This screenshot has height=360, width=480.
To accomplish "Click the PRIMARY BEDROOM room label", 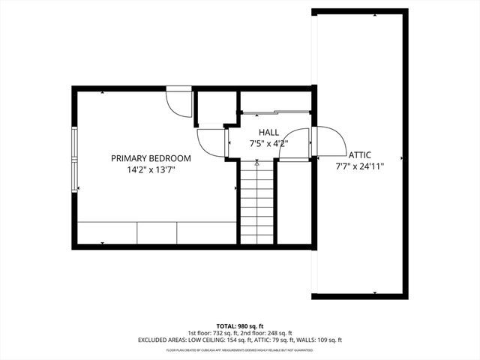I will [x=151, y=158].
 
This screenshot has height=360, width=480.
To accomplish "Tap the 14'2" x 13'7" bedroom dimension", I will [x=151, y=169].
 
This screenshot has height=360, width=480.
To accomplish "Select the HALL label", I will [x=268, y=132].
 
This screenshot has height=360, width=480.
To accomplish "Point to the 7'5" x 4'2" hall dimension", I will [x=268, y=143].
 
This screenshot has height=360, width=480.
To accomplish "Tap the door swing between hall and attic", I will [x=328, y=142].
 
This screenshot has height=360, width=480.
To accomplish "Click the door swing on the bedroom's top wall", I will [x=178, y=103].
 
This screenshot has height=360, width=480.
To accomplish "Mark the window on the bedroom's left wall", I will [x=74, y=158].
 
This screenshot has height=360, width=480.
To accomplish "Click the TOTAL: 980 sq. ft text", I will [x=240, y=325].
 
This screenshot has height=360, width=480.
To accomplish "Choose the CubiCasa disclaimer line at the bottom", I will [x=240, y=349].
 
